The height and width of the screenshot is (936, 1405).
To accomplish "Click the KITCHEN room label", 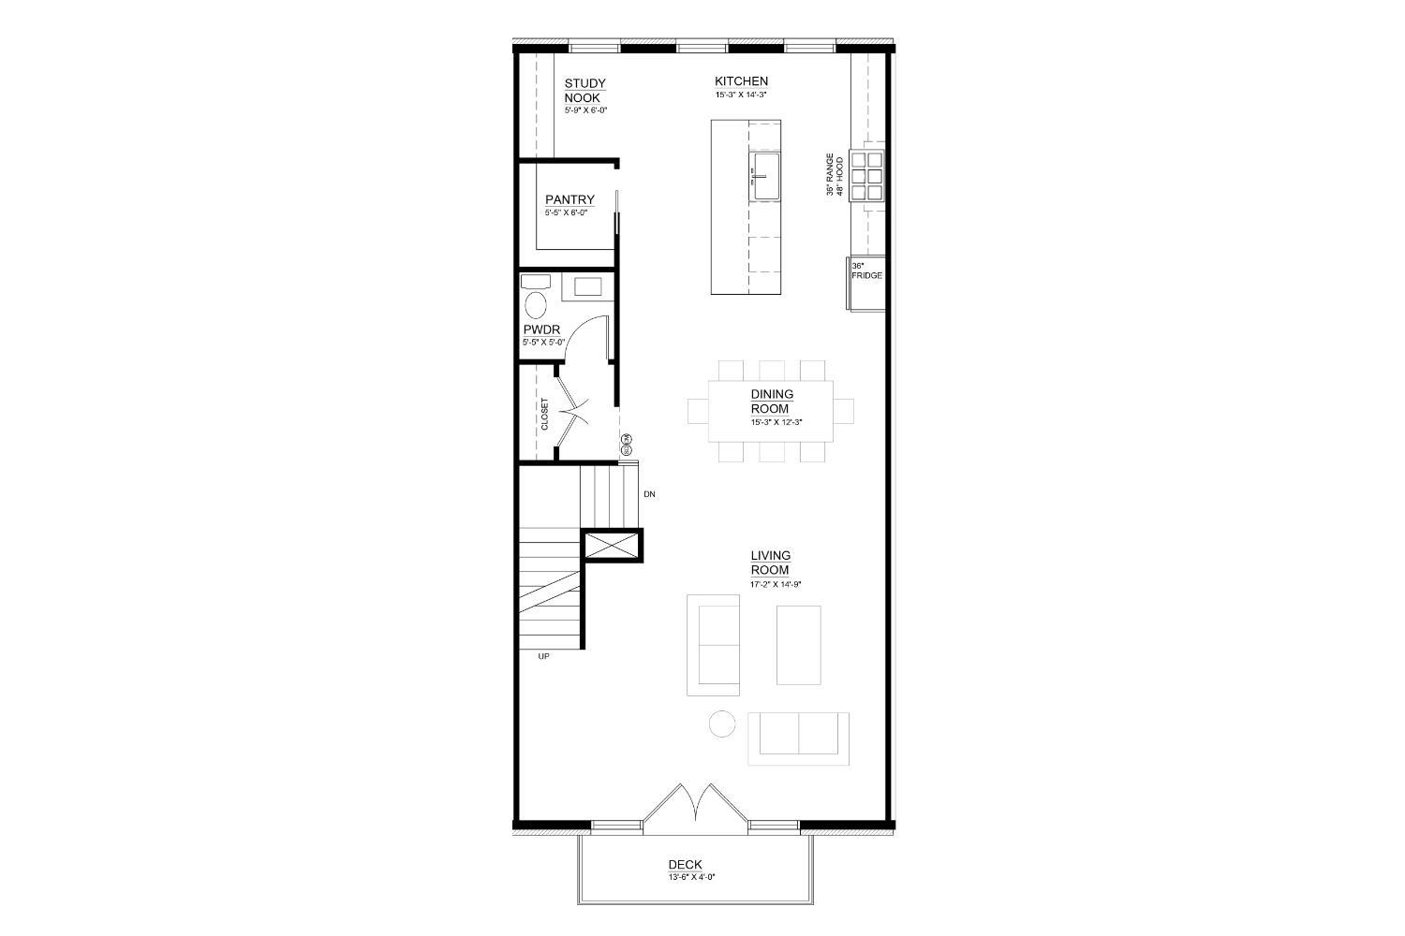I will pyautogui.click(x=741, y=81).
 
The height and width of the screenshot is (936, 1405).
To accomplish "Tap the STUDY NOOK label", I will pyautogui.click(x=584, y=91).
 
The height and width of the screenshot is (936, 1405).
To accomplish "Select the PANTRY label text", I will pyautogui.click(x=569, y=199).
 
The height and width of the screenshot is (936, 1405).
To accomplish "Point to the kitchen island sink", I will pyautogui.click(x=765, y=178).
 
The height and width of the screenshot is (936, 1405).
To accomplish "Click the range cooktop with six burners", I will pyautogui.click(x=867, y=175).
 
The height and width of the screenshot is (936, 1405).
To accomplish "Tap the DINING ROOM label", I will pyautogui.click(x=772, y=402).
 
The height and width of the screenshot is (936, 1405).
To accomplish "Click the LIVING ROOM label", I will pyautogui.click(x=770, y=563).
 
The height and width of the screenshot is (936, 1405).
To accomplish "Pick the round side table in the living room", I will pyautogui.click(x=721, y=724).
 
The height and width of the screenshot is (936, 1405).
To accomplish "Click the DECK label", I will pyautogui.click(x=685, y=865).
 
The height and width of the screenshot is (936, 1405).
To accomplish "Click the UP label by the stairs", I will pyautogui.click(x=543, y=656).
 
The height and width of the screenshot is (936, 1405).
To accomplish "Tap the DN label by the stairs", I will pyautogui.click(x=648, y=492).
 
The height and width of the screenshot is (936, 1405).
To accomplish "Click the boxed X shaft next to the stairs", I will pyautogui.click(x=612, y=545).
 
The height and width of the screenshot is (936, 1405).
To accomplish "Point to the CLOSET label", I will pyautogui.click(x=544, y=415).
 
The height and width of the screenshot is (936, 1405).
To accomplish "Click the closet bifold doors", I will pyautogui.click(x=571, y=414).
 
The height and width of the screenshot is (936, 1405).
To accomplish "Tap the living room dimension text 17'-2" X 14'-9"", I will pyautogui.click(x=776, y=584).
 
